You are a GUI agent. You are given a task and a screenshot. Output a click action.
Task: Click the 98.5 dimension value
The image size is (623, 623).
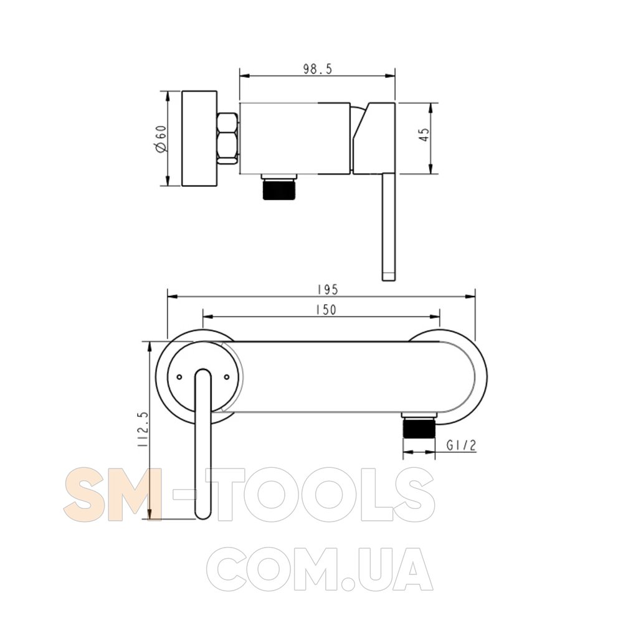[x=318, y=69]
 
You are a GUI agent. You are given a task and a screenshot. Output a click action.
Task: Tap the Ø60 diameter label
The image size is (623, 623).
[x=161, y=139]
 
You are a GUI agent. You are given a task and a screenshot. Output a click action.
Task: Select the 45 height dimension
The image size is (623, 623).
[x=424, y=135]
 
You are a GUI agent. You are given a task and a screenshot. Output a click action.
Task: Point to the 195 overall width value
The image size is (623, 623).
[x=328, y=290]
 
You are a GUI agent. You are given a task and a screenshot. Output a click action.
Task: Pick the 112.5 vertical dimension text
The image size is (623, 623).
[x=143, y=429]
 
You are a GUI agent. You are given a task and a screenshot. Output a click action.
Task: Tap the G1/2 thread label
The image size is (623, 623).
[x=461, y=445]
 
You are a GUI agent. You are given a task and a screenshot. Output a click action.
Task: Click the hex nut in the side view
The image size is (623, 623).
[x=227, y=138]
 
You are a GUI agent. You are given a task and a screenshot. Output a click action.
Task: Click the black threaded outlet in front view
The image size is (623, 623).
[x=419, y=427]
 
